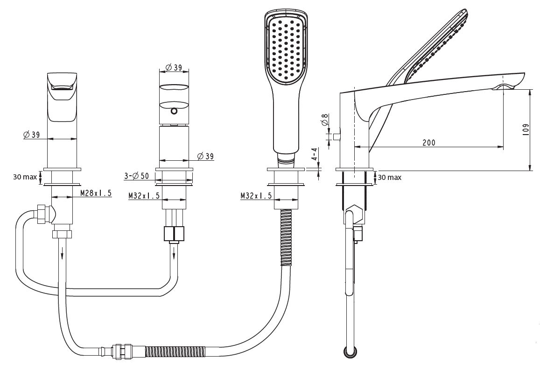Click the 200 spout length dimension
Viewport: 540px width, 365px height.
click(x=429, y=143)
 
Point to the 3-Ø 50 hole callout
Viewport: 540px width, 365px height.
click(x=136, y=176)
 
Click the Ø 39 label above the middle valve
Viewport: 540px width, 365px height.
click(x=174, y=68)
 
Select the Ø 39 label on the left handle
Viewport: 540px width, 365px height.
click(x=31, y=135)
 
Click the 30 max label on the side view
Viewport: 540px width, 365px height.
click(x=389, y=178)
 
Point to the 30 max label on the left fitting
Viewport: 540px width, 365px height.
click(x=25, y=177)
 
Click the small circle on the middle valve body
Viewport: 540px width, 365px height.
click(x=174, y=111)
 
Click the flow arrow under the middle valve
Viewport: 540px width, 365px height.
click(x=174, y=253)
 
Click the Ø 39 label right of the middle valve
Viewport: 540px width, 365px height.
click(x=205, y=156)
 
